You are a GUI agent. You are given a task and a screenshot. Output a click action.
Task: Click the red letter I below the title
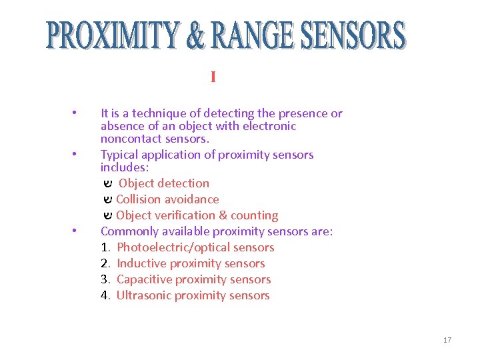point(213,77)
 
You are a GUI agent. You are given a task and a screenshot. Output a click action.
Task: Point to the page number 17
point(447,340)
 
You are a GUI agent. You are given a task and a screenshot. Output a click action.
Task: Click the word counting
point(255,215)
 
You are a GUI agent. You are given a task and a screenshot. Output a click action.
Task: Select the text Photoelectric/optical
point(175,247)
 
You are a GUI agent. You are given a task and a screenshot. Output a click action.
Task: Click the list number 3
point(105,279)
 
